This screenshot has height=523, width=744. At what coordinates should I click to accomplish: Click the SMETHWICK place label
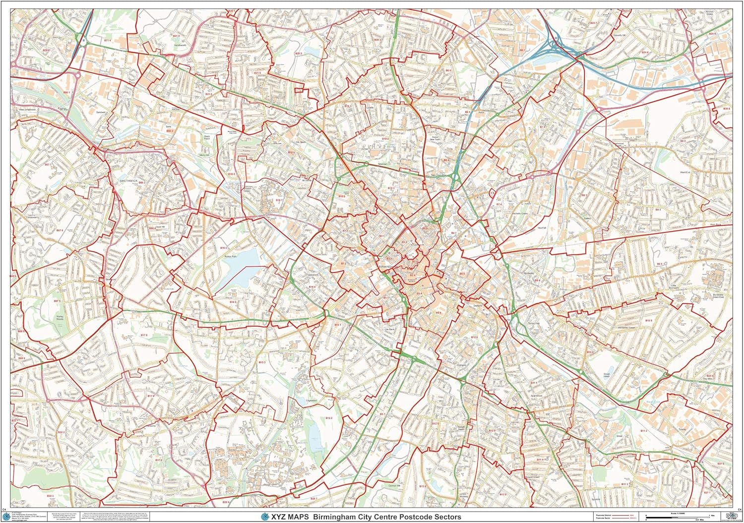click(x=128, y=181)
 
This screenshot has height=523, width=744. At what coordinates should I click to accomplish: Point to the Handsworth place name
click(x=180, y=45)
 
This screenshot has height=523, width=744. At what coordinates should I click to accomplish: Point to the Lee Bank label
click(x=389, y=329)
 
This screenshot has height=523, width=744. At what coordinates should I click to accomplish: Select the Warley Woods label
click(x=60, y=318)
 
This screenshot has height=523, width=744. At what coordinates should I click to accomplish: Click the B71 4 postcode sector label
click(x=108, y=40)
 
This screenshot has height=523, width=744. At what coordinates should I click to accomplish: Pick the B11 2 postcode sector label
click(x=643, y=431)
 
